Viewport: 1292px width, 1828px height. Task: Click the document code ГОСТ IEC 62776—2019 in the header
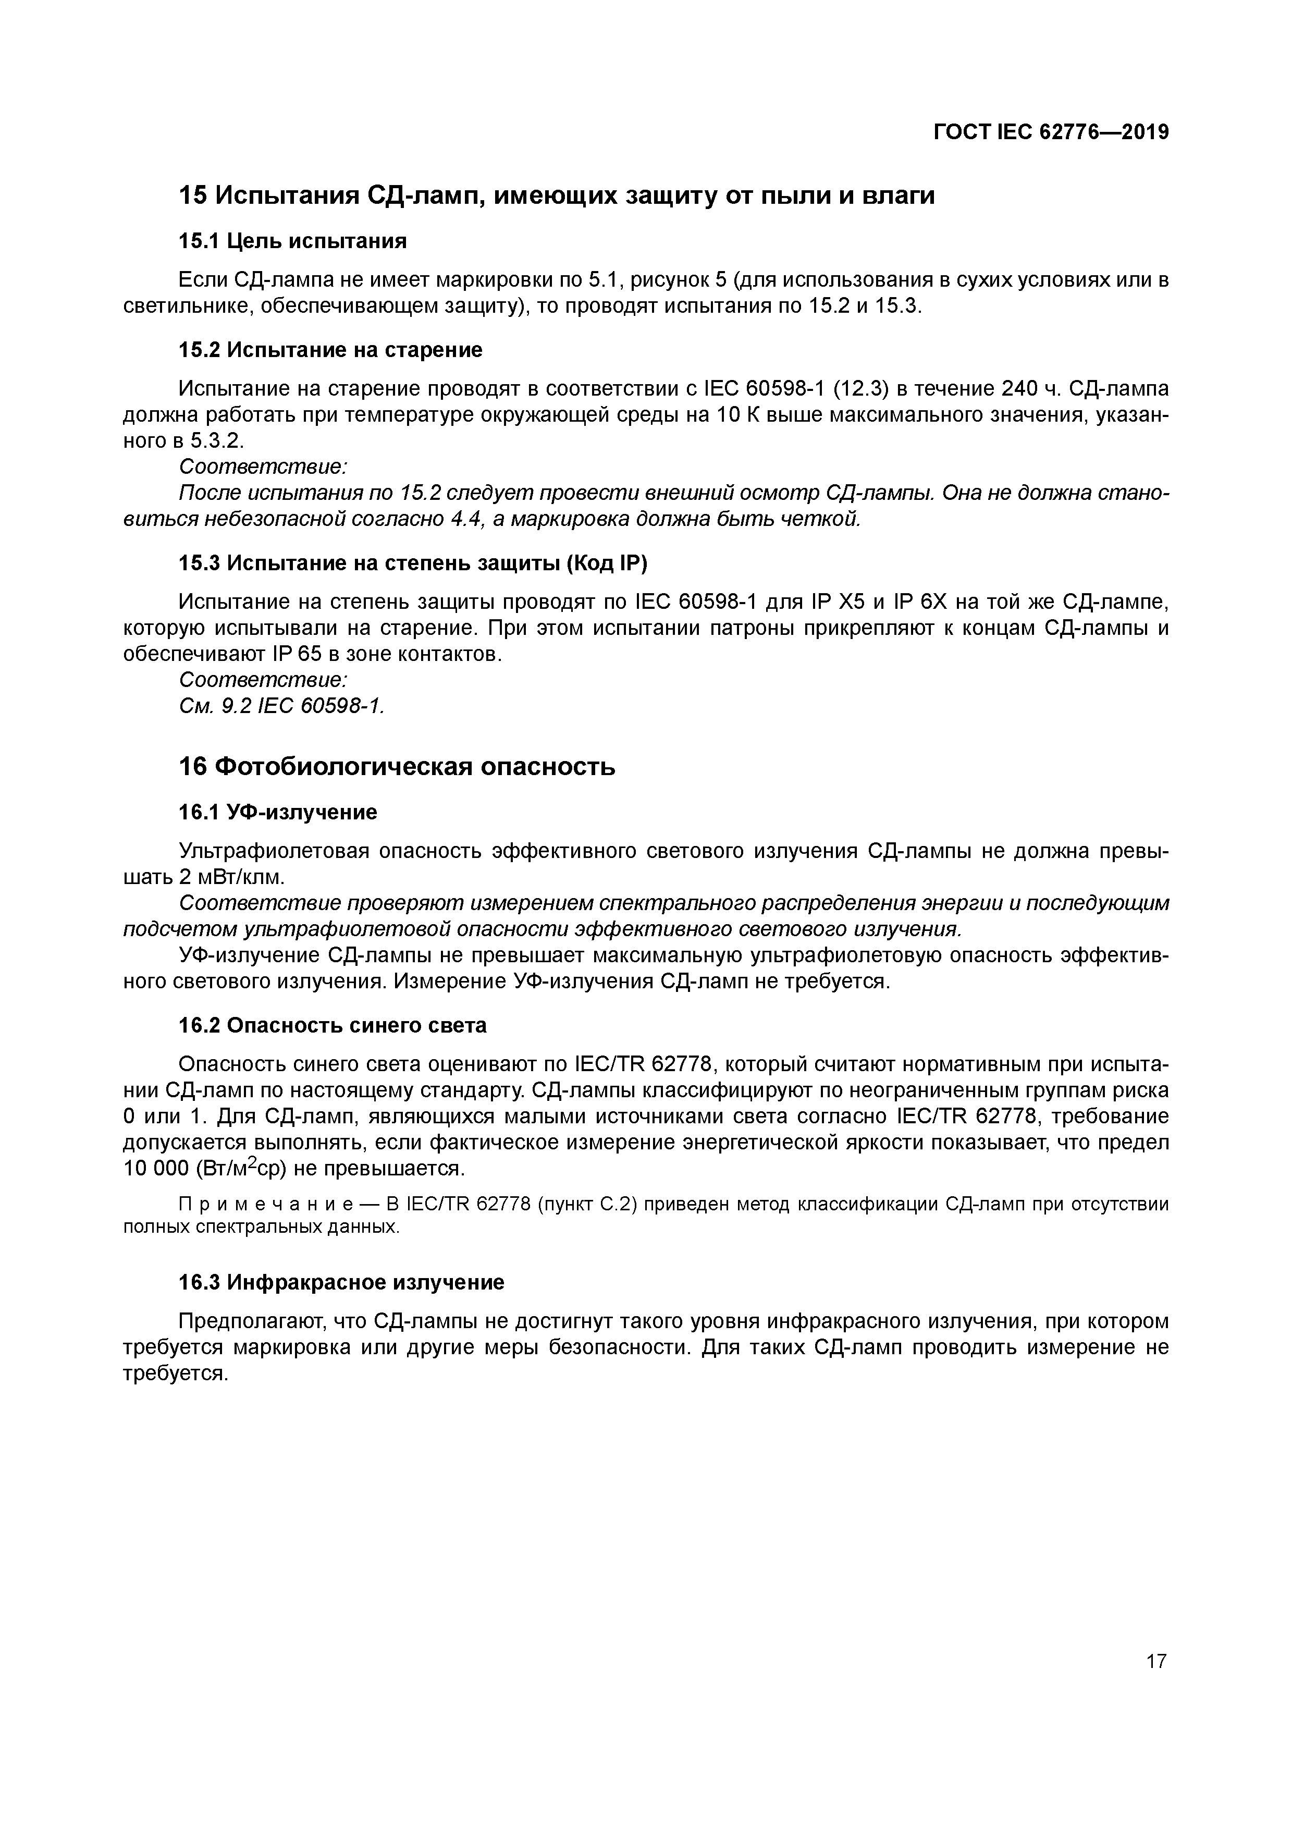tap(1051, 132)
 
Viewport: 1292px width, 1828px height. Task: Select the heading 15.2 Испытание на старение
tap(330, 350)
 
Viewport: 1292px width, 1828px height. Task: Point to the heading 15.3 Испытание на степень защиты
tap(413, 563)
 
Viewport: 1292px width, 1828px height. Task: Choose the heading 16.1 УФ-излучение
tap(278, 812)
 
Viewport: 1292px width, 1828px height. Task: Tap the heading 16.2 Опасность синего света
tap(333, 1025)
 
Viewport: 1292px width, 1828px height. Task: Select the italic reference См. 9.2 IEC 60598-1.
tap(282, 705)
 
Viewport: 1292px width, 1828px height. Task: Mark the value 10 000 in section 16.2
tap(149, 1169)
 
